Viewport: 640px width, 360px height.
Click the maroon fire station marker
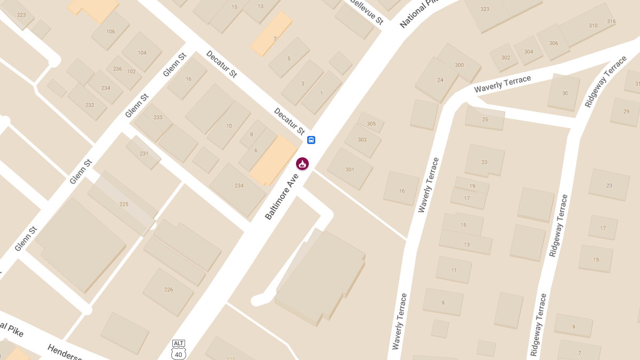click(302, 164)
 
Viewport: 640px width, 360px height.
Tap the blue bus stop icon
click(311, 140)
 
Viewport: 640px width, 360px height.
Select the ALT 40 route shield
click(178, 349)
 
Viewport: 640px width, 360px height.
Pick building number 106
click(110, 31)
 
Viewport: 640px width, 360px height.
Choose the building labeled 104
click(142, 53)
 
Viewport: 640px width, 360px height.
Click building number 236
click(117, 69)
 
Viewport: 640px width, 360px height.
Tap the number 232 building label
click(90, 105)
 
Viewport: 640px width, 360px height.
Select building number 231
click(144, 154)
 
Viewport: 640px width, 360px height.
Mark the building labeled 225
click(124, 204)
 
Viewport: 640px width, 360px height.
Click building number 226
click(169, 290)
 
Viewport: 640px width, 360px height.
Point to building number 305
click(371, 124)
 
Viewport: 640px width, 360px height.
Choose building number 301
click(350, 170)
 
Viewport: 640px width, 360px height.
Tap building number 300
click(459, 65)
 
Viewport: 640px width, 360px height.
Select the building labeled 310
click(593, 26)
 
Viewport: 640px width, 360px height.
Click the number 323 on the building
click(485, 9)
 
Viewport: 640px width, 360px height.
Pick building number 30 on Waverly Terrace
click(565, 93)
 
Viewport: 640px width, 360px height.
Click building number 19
click(472, 186)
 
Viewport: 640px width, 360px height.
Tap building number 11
click(454, 270)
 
